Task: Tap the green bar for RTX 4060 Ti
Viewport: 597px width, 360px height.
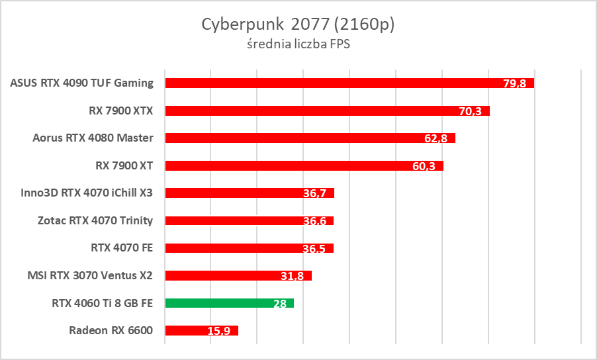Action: click(x=218, y=303)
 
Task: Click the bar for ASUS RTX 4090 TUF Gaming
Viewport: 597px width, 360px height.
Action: click(x=331, y=83)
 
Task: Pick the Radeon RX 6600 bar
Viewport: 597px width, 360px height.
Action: click(x=192, y=330)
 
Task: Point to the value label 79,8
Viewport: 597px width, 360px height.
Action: click(x=514, y=83)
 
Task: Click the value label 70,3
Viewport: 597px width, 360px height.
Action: click(x=470, y=111)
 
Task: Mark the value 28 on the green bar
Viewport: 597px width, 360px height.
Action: click(x=279, y=304)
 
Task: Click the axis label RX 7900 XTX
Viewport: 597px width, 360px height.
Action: click(x=120, y=111)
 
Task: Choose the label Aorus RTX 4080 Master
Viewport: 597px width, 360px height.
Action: click(x=93, y=138)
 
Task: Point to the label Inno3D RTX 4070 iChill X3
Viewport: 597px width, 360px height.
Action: click(x=87, y=193)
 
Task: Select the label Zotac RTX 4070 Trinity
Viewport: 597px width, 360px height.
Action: click(x=95, y=220)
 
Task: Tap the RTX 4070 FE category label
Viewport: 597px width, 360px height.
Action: click(x=122, y=248)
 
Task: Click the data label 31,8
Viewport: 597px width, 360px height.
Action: click(x=292, y=276)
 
